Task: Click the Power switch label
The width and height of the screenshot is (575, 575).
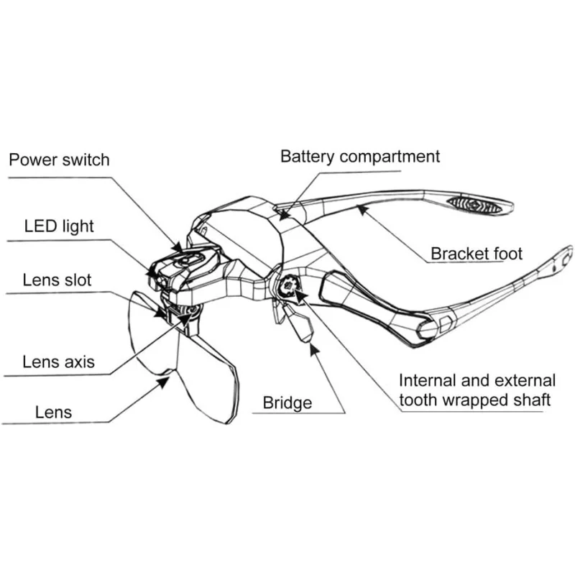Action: tap(59, 160)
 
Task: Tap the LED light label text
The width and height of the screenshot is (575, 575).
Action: tap(59, 226)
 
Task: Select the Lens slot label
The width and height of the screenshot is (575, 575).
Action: tap(57, 280)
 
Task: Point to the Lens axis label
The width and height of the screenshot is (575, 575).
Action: tap(59, 362)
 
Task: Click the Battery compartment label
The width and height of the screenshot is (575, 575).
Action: tap(360, 157)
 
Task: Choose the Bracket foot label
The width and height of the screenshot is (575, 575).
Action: tap(477, 254)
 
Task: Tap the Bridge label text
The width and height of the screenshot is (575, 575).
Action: tap(287, 403)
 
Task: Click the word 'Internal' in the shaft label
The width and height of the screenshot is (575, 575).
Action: tap(428, 381)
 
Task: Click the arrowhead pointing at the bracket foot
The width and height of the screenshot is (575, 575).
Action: tap(362, 209)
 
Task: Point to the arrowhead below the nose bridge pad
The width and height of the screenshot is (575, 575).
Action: tap(313, 349)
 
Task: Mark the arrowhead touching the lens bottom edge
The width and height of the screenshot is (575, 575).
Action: tap(164, 382)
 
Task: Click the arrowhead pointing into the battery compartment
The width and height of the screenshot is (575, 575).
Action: tap(283, 214)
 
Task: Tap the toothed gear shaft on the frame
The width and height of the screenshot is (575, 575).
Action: tap(288, 285)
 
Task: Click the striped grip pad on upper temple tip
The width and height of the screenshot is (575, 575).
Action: tap(475, 205)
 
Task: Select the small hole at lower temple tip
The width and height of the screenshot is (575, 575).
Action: tap(553, 270)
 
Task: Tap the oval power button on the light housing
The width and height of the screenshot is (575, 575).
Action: tap(188, 259)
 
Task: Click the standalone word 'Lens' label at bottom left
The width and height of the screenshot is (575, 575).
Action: tap(53, 413)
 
